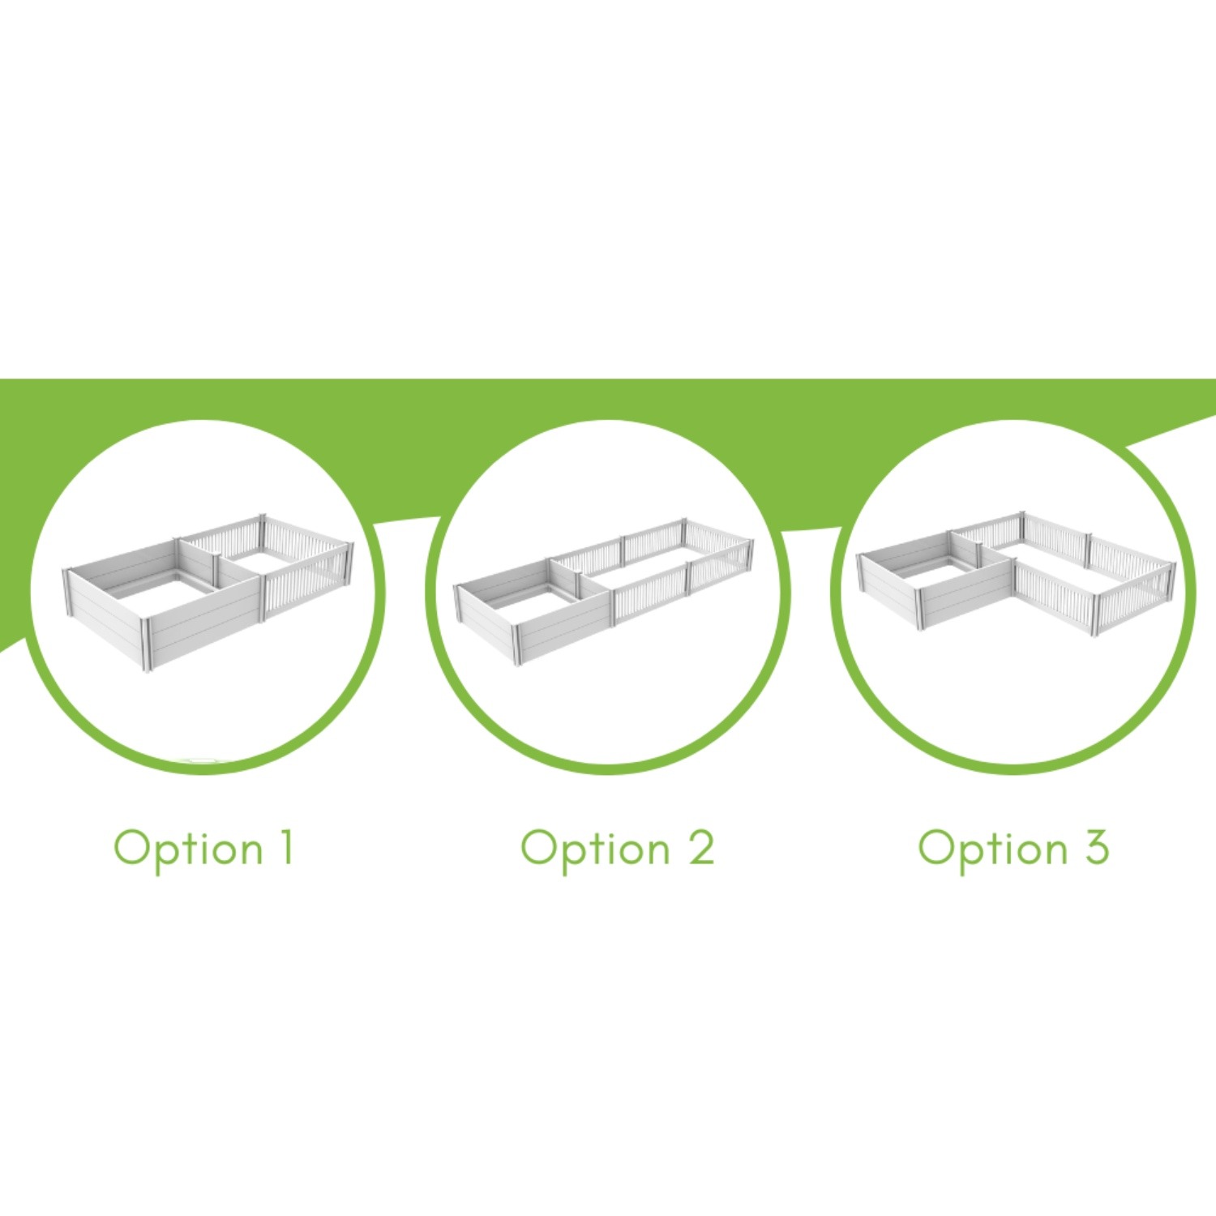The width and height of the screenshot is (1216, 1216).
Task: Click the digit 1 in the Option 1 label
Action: click(x=285, y=847)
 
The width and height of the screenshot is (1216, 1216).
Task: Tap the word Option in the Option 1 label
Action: click(x=188, y=850)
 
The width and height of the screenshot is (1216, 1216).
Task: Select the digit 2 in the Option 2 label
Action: click(x=701, y=847)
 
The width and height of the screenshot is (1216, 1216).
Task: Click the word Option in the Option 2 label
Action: click(x=595, y=850)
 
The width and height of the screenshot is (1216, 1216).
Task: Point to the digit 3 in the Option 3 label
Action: click(x=1096, y=847)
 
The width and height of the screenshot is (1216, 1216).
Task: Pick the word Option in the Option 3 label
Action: click(x=993, y=850)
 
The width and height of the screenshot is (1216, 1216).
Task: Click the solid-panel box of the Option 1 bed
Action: click(x=162, y=604)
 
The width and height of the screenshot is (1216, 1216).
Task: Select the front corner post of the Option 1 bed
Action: click(x=148, y=645)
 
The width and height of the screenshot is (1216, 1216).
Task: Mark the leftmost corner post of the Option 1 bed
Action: click(x=67, y=592)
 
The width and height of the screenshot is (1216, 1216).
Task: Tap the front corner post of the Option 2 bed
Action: click(x=518, y=644)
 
